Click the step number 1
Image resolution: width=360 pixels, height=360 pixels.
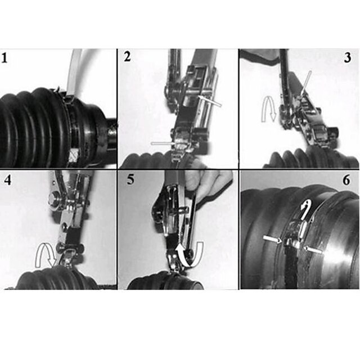point(4,58)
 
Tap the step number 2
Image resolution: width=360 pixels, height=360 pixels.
point(128,56)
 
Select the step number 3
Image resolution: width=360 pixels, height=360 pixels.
point(348,57)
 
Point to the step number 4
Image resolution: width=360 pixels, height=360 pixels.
point(7,180)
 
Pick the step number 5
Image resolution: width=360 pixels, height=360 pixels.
point(130,179)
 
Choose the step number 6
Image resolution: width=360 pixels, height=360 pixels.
point(346,180)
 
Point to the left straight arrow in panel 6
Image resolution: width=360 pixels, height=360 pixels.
point(272,238)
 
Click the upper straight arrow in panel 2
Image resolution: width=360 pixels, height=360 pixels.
point(210,101)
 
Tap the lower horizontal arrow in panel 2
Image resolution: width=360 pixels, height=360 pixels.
point(163,143)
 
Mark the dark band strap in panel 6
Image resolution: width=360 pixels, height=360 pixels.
point(291,268)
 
